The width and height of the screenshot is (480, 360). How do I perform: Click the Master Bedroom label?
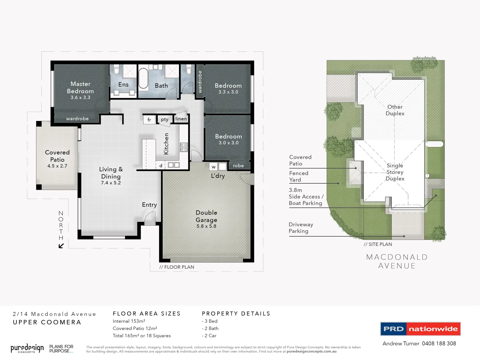(x=80, y=88)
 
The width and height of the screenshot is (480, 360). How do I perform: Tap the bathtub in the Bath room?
(x=143, y=79)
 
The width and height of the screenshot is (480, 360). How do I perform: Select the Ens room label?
(x=123, y=85)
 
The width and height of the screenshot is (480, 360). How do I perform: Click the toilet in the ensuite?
(x=116, y=70)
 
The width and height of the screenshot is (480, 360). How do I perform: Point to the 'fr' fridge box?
(x=149, y=120)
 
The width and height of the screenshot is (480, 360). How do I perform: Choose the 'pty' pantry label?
(x=165, y=119)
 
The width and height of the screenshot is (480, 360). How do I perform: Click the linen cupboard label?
(x=181, y=119)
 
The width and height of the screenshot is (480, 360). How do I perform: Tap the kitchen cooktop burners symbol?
(x=184, y=147)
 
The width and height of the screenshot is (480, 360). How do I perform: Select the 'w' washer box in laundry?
(x=214, y=167)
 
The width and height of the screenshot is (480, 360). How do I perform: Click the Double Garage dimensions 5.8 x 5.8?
(x=206, y=226)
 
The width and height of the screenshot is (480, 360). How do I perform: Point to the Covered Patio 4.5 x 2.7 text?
(x=57, y=166)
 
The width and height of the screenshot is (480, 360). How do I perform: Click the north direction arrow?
(x=61, y=246)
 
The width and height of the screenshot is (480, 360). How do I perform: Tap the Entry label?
(x=149, y=205)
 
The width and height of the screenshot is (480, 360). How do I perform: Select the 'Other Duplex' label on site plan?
(x=395, y=110)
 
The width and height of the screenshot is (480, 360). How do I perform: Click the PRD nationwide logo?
(x=420, y=329)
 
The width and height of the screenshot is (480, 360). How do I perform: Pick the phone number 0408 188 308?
(x=439, y=343)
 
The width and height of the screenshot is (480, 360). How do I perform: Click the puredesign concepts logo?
(x=27, y=349)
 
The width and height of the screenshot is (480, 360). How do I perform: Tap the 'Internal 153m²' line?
(x=129, y=321)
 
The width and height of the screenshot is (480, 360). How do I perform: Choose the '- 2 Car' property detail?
(x=209, y=336)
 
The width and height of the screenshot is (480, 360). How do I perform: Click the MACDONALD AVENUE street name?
(x=397, y=261)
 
